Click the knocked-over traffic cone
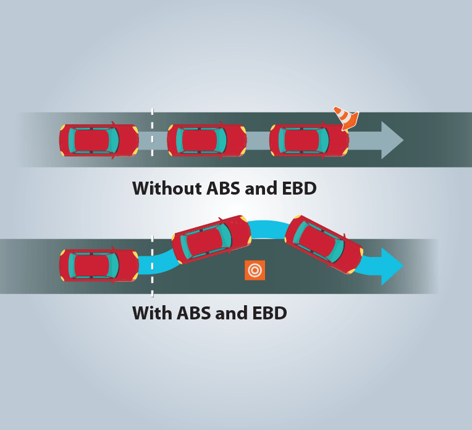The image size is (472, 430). click(x=347, y=117)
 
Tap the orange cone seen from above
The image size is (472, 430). click(x=255, y=270)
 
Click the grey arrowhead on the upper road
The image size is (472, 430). click(x=392, y=140)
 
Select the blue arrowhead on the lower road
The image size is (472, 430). click(x=392, y=266)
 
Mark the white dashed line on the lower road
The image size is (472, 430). click(x=152, y=266)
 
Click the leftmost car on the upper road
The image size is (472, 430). click(x=99, y=140)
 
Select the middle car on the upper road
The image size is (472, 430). click(x=206, y=140)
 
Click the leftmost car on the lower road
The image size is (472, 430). click(x=99, y=266)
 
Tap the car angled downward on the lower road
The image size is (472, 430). click(x=323, y=244)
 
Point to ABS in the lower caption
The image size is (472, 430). click(x=194, y=313)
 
